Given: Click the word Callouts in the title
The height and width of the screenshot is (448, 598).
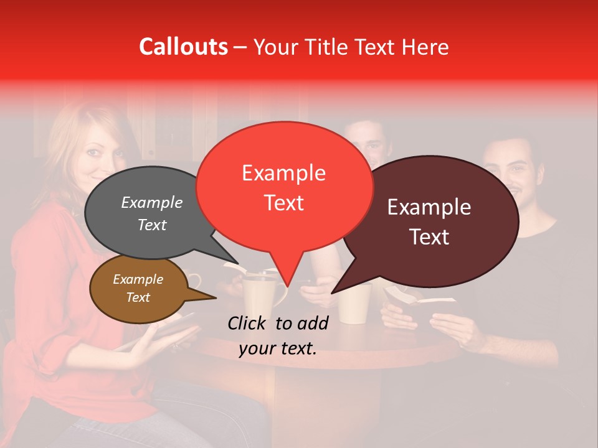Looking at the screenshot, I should point(183,47).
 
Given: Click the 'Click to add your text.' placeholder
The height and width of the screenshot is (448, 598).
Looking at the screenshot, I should point(278,336).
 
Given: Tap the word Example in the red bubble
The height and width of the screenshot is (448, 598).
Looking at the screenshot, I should point(283,173).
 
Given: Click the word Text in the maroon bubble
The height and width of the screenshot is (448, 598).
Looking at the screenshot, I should point(429,236).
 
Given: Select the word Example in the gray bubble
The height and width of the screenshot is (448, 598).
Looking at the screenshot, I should point(151,203).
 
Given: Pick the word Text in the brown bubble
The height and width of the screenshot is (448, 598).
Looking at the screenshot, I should point(138,297).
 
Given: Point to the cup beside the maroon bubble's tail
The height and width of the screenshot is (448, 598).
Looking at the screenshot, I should point(354,304).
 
